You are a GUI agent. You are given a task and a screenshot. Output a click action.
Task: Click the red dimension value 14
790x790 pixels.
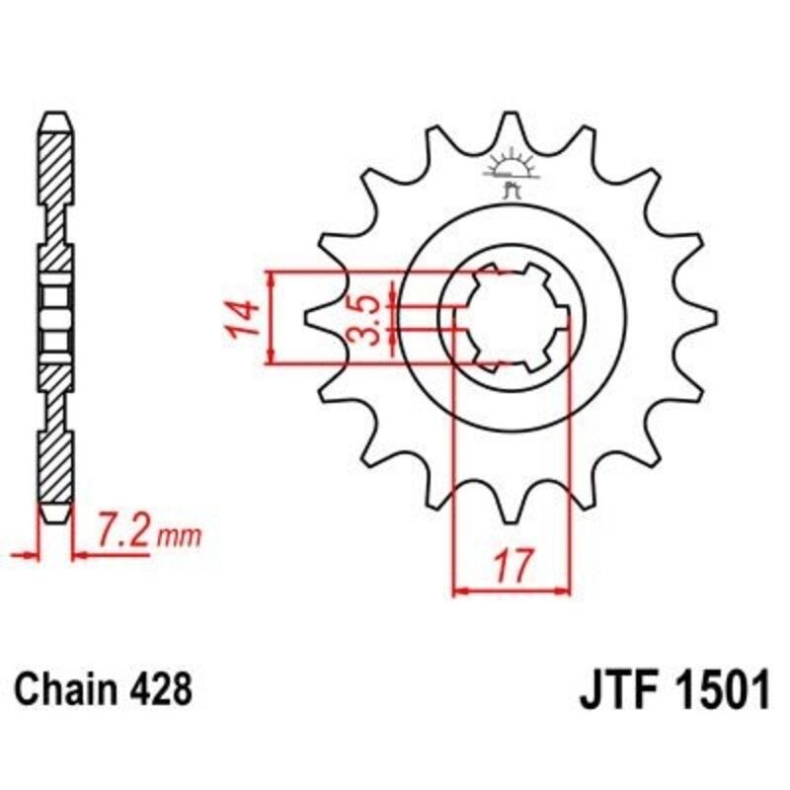click(246, 318)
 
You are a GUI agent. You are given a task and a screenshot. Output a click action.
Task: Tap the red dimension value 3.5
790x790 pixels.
click(365, 318)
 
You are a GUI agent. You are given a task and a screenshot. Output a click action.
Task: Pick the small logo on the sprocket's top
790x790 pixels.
click(511, 170)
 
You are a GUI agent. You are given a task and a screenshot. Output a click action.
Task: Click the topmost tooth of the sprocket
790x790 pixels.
click(511, 123)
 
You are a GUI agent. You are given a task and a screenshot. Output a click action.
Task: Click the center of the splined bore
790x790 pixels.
click(512, 318)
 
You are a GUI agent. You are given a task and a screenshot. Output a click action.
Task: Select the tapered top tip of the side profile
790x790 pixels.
click(55, 123)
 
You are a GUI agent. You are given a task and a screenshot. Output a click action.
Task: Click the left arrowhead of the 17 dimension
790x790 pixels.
click(459, 592)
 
